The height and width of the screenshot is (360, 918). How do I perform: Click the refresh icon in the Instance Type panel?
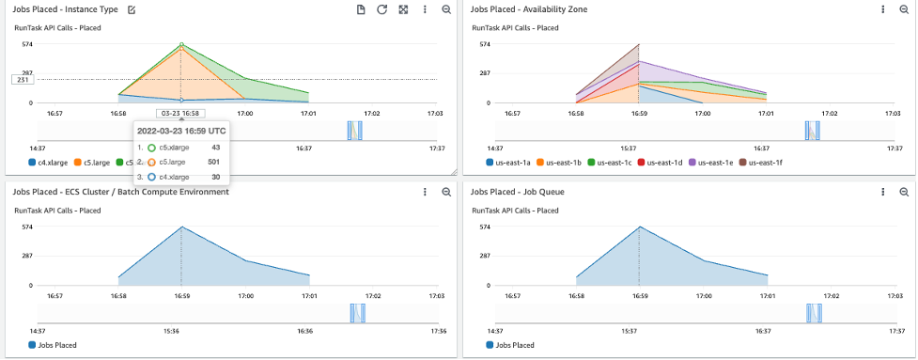click(381, 9)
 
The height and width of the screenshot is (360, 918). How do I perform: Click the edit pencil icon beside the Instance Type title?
click(132, 9)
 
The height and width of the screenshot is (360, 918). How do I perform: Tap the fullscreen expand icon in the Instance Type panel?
click(403, 9)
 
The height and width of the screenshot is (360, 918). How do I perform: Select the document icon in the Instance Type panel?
click(361, 9)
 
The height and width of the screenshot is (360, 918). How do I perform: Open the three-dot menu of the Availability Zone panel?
click(883, 9)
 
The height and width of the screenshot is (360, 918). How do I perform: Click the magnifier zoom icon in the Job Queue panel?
click(904, 192)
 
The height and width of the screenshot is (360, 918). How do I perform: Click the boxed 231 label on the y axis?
click(22, 80)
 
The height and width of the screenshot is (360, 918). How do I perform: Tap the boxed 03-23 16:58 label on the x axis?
click(181, 113)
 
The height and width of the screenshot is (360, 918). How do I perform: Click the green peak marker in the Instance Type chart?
click(181, 44)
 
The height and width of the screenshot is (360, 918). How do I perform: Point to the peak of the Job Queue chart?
click(640, 227)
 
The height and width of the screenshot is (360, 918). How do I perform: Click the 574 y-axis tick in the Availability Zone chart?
click(485, 44)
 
